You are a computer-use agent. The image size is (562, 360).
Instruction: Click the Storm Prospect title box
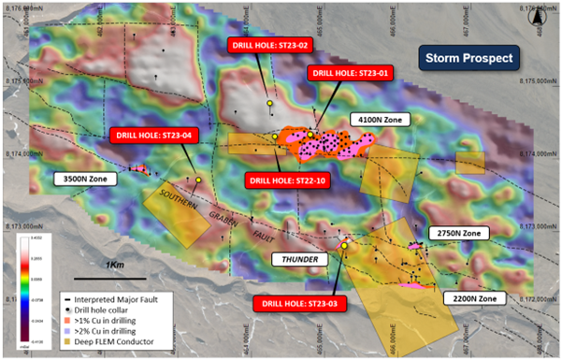point(469,58)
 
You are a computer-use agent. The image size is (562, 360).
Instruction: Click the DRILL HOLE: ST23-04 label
point(153,135)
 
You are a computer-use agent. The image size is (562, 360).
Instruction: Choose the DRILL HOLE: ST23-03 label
point(297,301)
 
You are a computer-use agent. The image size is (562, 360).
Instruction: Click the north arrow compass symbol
point(540,15)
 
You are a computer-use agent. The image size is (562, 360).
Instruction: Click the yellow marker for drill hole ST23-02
point(268,104)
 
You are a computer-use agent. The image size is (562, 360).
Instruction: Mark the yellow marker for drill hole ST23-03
point(344,246)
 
